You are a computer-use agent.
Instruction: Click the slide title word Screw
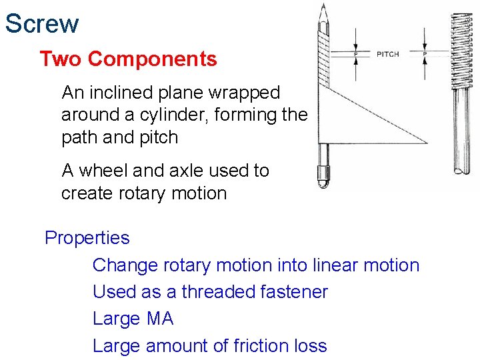point(42,24)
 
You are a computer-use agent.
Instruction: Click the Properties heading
point(87,238)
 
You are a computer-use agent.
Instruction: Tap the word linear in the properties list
point(336,265)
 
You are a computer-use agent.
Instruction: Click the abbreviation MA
point(159,319)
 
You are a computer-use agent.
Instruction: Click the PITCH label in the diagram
point(387,54)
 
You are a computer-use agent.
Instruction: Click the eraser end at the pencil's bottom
point(323,177)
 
